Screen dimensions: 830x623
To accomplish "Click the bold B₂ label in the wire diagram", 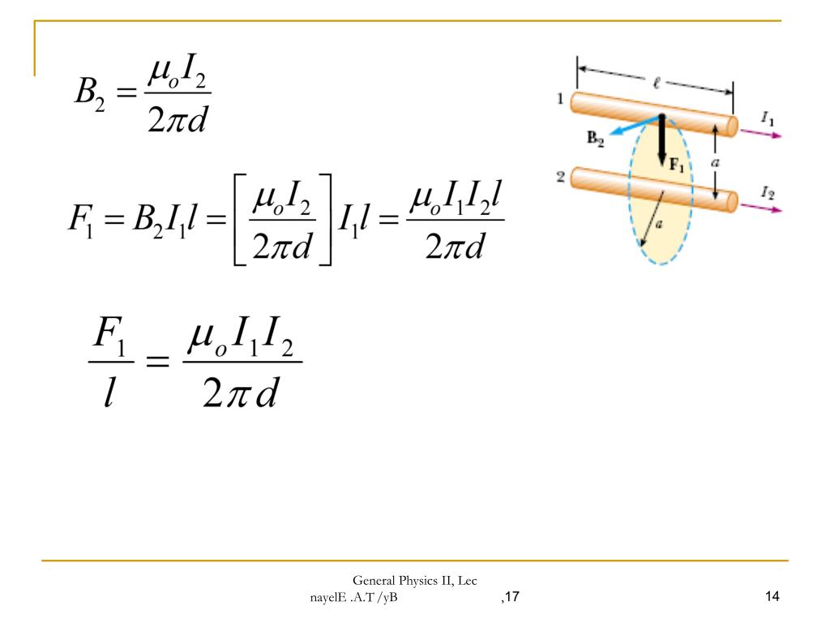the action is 596,139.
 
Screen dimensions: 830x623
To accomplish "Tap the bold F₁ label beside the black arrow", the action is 677,165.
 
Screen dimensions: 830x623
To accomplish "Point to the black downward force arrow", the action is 661,140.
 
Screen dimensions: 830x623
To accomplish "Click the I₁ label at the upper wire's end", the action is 768,118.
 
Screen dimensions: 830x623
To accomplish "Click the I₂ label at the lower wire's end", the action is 768,192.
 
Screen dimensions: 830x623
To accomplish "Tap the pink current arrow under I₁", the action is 760,133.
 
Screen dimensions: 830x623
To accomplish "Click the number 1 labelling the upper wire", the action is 560,98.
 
